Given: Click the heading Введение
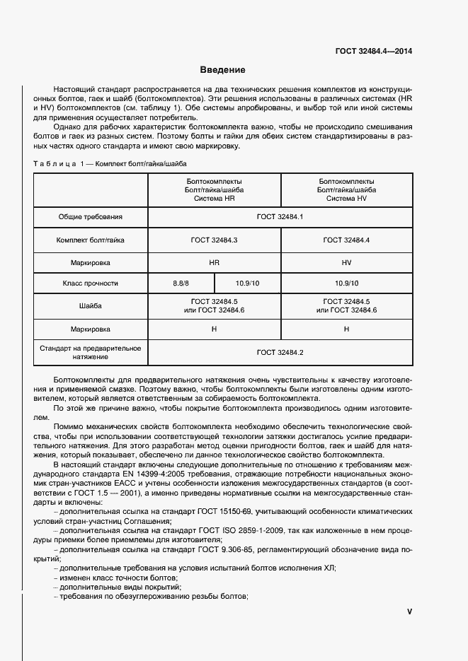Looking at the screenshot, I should pos(222,70).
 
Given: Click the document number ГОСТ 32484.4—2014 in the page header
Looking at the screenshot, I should pos(372,52).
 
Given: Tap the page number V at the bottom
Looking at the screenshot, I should pos(409,612).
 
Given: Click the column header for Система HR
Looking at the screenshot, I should pos(214,190).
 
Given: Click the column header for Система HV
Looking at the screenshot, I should pos(346,190).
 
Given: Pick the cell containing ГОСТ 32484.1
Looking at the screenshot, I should pos(280,217).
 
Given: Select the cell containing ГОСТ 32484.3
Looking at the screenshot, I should pos(214,240).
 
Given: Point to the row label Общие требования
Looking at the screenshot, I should pos(91,217).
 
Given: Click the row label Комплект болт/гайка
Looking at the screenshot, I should pos(91,240).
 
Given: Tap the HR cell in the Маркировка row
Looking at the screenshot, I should pos(214,262).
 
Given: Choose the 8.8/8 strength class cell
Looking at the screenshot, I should pos(181,283).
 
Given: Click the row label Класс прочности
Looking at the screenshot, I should pos(91,283).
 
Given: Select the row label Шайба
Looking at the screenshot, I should pos(91,306).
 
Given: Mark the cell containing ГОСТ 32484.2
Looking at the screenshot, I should pos(280,352).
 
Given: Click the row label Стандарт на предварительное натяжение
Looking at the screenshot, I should pos(91,352).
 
